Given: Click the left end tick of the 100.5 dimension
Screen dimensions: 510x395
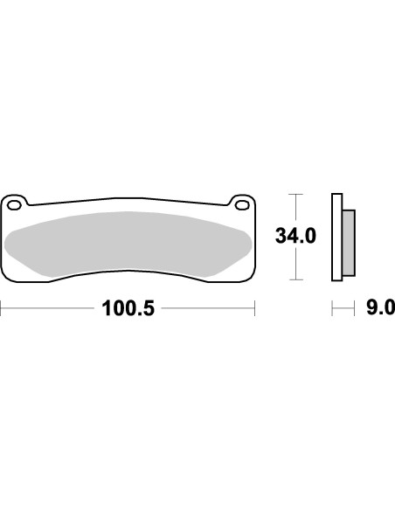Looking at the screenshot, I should (2, 309).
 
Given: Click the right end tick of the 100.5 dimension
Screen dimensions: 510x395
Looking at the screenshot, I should (254, 309).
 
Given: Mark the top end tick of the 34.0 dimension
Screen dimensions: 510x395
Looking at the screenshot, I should (297, 194).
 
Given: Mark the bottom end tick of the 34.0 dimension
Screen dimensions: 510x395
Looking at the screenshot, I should (297, 279).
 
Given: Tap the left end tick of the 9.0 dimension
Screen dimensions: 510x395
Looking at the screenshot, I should (332, 309).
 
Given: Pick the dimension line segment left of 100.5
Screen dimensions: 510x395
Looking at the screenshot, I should (49, 309).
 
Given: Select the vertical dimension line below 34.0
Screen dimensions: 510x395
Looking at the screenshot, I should (297, 265).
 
